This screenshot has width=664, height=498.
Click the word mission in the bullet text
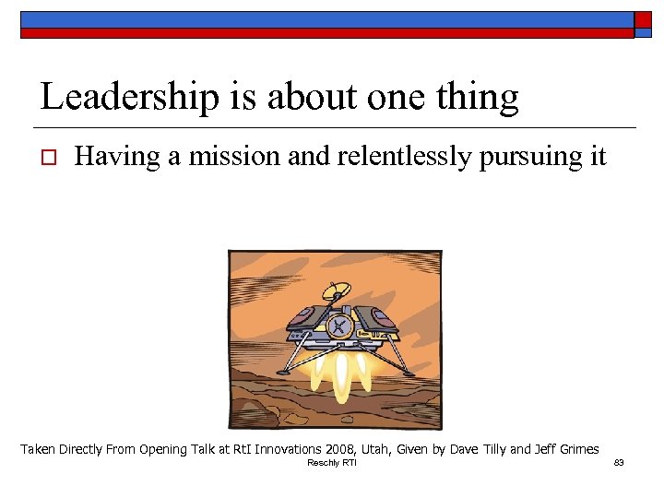[235, 157]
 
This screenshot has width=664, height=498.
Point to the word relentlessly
[395, 157]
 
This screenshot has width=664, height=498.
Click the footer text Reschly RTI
[331, 463]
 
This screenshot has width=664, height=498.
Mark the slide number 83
[619, 463]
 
